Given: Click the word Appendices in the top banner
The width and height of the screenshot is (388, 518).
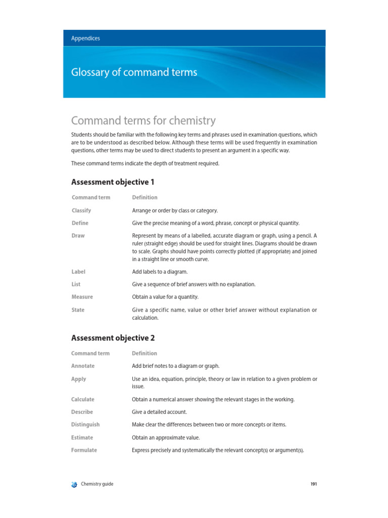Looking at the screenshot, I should (x=85, y=38).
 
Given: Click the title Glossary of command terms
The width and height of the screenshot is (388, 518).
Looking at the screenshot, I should (x=134, y=72).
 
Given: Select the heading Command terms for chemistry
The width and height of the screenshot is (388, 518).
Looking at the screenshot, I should (x=143, y=120).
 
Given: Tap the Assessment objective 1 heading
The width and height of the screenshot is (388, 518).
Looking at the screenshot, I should (x=113, y=182).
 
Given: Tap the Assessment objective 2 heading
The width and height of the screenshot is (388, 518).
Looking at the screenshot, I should (x=113, y=338).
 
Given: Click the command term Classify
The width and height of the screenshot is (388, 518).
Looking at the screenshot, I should (x=81, y=210).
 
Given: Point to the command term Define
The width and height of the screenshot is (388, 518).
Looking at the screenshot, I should (x=80, y=223).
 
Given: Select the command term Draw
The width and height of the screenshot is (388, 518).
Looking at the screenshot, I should (x=78, y=236).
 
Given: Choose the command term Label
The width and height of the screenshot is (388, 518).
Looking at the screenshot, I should (x=79, y=272).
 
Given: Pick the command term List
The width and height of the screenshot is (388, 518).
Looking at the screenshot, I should (x=76, y=284).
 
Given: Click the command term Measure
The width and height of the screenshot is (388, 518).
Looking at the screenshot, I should (x=82, y=297).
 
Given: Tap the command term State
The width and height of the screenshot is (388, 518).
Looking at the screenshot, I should (x=78, y=310).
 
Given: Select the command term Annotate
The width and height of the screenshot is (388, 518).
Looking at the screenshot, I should (x=83, y=366).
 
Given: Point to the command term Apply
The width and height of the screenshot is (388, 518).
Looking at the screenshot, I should (x=79, y=379).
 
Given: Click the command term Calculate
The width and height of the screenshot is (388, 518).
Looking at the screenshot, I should (x=83, y=399).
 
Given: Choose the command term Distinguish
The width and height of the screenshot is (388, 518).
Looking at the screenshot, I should (x=85, y=424).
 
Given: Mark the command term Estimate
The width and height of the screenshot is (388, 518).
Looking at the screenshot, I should (x=82, y=437).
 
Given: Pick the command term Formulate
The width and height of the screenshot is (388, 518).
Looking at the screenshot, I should (x=84, y=450).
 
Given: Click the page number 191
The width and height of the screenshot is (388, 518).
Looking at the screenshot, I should (x=313, y=484).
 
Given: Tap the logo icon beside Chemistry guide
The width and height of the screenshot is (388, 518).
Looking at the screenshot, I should (x=75, y=484).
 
